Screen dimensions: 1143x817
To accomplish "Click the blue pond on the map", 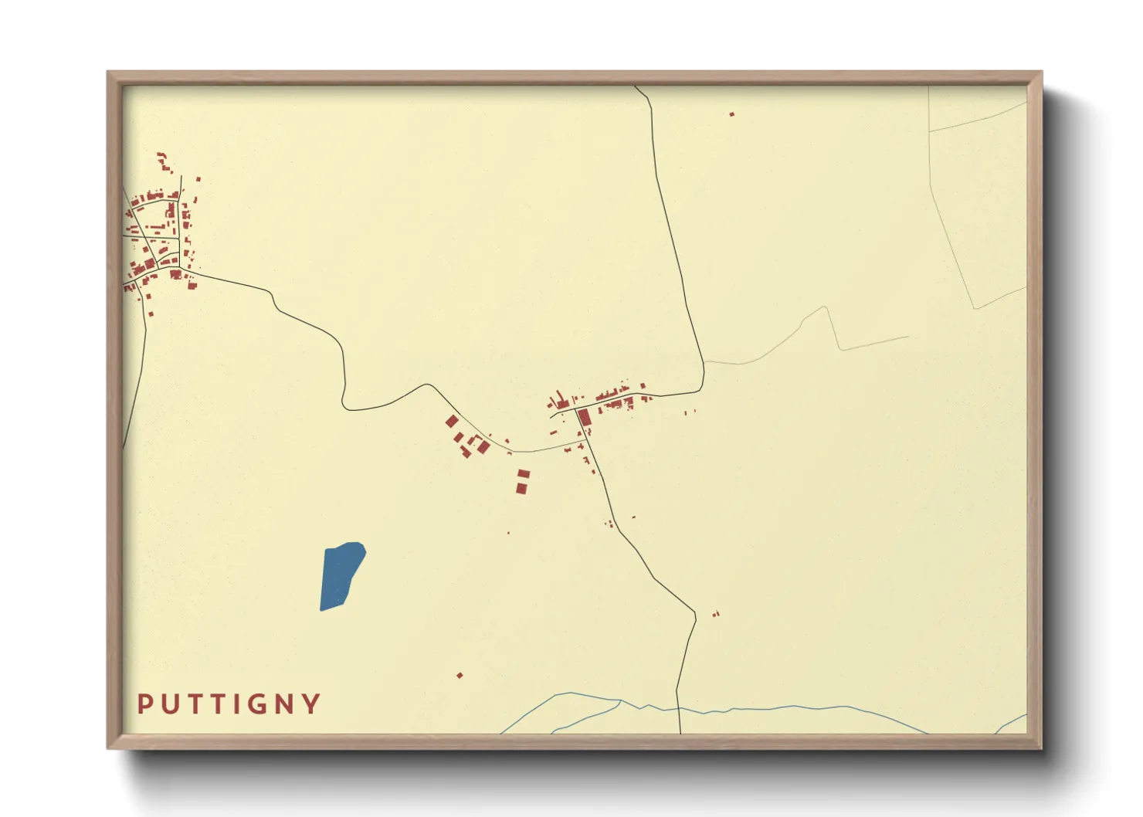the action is (x=341, y=575).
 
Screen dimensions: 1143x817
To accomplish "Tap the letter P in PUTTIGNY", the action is (x=144, y=703).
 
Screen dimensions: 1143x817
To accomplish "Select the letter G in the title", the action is (x=257, y=704).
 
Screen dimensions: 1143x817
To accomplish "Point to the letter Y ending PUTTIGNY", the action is (x=311, y=703).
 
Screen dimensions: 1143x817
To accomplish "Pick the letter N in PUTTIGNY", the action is (x=284, y=703).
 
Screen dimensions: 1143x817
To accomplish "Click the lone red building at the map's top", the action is (x=731, y=114).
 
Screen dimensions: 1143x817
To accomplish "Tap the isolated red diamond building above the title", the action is (x=460, y=676).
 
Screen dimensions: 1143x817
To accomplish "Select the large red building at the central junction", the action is (x=584, y=418).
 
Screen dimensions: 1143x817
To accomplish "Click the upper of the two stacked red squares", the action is (x=523, y=473).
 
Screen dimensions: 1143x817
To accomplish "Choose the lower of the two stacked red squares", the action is (x=521, y=488).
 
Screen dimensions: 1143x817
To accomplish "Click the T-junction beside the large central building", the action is (x=576, y=410).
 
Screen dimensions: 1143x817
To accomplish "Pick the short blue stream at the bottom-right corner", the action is (x=1012, y=724).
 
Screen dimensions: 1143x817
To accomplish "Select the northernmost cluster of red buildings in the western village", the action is (x=162, y=162).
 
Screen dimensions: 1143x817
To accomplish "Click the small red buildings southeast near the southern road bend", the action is (x=715, y=614).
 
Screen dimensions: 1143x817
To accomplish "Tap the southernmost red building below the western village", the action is (x=151, y=313).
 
